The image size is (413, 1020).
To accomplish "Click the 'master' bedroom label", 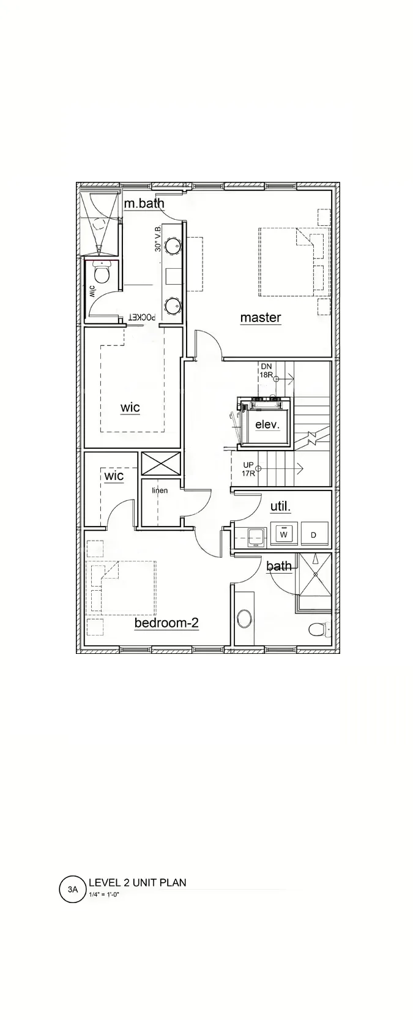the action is click(x=261, y=317).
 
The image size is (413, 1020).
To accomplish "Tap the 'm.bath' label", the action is click(x=144, y=203).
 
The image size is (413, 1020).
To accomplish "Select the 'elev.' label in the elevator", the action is click(x=267, y=424).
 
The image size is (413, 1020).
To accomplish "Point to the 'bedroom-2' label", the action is click(x=166, y=623).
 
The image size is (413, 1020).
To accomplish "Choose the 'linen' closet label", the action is click(x=160, y=490).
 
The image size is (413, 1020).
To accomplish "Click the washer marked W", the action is click(x=283, y=534).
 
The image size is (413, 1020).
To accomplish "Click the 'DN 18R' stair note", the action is click(x=267, y=370).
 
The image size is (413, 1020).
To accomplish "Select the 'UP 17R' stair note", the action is click(x=248, y=469).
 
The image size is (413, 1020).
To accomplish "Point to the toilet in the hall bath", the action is click(x=319, y=630).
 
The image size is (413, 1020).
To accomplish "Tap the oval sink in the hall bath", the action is click(x=245, y=619).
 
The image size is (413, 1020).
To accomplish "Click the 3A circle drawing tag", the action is click(x=73, y=888).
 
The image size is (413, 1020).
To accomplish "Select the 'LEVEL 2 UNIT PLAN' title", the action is click(x=138, y=882).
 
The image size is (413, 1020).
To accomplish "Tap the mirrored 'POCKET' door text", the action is click(x=143, y=317).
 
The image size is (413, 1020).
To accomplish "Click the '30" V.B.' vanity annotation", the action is click(x=158, y=239).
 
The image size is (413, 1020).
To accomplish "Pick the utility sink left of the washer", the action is click(x=256, y=536).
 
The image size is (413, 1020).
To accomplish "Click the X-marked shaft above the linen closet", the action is click(x=161, y=464).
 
